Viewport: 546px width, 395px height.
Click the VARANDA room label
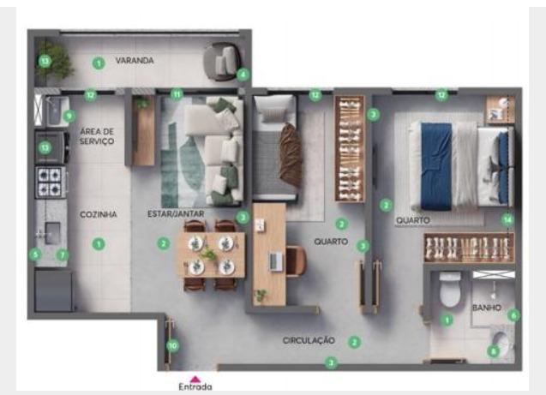pyautogui.click(x=135, y=61)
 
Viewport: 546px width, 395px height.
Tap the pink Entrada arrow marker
pyautogui.click(x=195, y=379)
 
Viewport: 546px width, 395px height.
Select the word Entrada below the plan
pyautogui.click(x=195, y=386)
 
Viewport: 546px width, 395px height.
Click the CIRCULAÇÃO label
pyautogui.click(x=309, y=340)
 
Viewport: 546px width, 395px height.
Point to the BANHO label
pyautogui.click(x=487, y=308)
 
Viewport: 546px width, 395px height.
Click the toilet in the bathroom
pyautogui.click(x=450, y=290)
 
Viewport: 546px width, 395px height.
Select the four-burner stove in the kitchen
pyautogui.click(x=51, y=183)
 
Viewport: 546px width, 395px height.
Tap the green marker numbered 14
pyautogui.click(x=507, y=220)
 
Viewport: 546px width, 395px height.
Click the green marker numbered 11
pyautogui.click(x=177, y=94)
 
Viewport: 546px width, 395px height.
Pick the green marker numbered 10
pyautogui.click(x=173, y=346)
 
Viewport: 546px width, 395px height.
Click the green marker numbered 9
pyautogui.click(x=69, y=116)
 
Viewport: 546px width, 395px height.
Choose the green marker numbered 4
pyautogui.click(x=243, y=75)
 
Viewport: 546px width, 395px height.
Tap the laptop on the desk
pyautogui.click(x=277, y=261)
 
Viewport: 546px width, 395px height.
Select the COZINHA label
pyautogui.click(x=99, y=214)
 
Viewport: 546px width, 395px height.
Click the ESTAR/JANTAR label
pyautogui.click(x=176, y=213)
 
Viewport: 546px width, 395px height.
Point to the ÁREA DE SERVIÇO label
pyautogui.click(x=97, y=136)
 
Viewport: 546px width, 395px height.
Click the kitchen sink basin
pyautogui.click(x=52, y=233)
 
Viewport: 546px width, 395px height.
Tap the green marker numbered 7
pyautogui.click(x=63, y=255)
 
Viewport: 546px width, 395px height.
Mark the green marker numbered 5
pyautogui.click(x=35, y=254)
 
